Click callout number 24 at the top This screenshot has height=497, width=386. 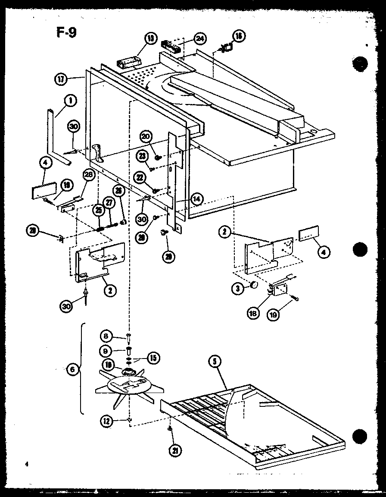[199, 39]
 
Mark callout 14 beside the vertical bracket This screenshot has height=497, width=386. [196, 199]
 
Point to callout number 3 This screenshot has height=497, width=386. [237, 289]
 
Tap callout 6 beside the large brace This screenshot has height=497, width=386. [74, 370]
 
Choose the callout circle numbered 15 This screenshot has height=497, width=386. [153, 357]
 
